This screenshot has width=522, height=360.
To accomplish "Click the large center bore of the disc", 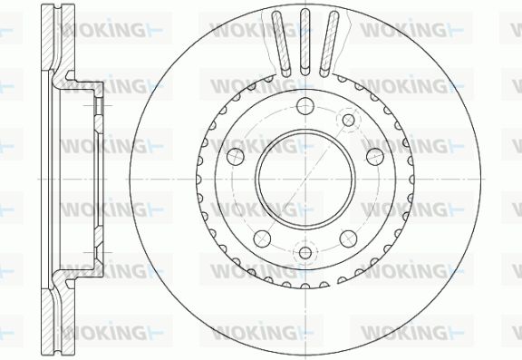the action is [305, 180].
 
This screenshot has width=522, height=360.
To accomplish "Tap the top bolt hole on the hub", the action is [305, 106].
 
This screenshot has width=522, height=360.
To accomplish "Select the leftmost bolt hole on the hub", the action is [236, 157].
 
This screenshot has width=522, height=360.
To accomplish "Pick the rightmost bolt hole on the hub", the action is [375, 157].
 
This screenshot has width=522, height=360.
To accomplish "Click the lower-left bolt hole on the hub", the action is [262, 238].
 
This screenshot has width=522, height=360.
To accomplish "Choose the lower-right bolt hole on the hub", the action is [349, 238].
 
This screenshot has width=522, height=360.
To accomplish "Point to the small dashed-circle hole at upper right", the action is [348, 120].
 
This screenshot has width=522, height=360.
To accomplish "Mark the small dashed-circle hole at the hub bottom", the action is [305, 252].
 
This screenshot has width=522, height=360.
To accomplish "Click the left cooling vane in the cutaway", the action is [281, 44].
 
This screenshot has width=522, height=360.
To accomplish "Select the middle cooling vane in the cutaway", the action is [305, 42].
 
